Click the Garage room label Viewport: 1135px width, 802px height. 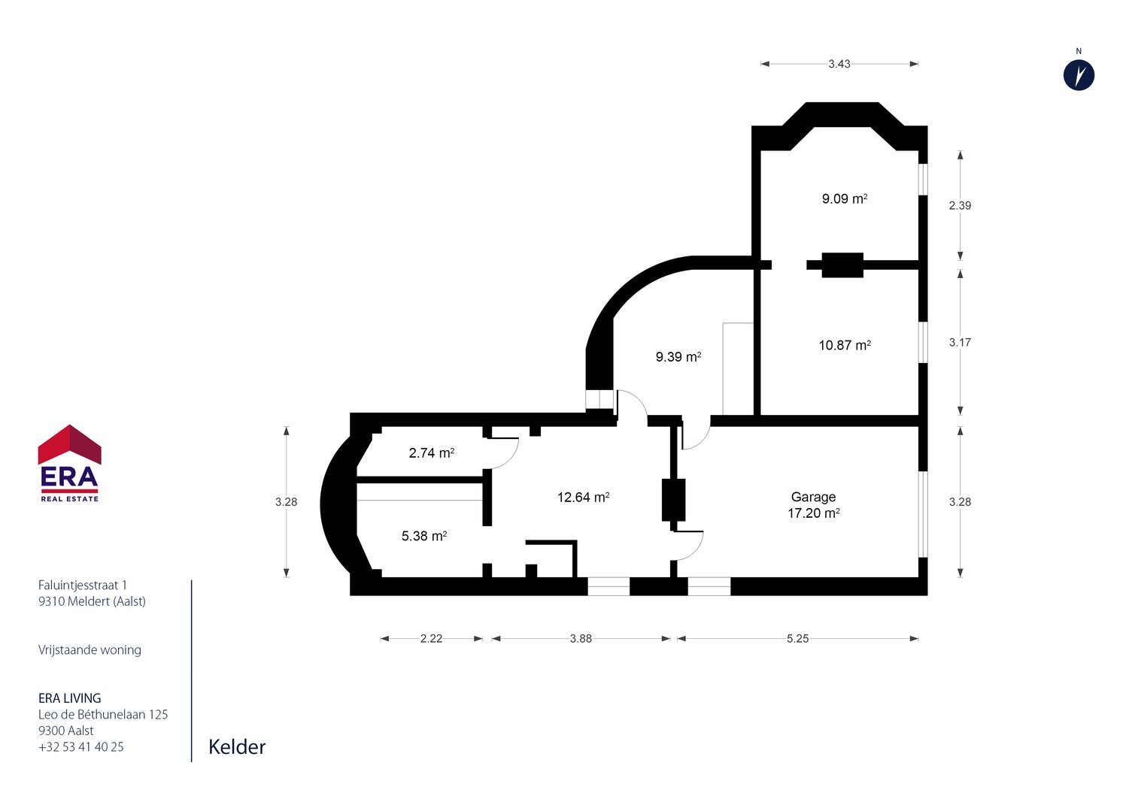pos(813,497)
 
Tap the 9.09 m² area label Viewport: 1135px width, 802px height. pos(845,198)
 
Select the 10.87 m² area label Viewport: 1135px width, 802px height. pos(845,345)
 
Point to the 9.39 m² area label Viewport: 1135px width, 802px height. pos(678,357)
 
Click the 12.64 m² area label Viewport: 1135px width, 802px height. pos(583,497)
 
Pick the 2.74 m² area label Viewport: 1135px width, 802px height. pos(431,452)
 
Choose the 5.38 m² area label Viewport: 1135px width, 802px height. pos(424,536)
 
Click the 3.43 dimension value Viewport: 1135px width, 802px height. pos(839,64)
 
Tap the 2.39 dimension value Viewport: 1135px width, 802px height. pos(960,205)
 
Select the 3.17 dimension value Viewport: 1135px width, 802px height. pos(960,342)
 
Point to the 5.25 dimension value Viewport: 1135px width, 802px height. pos(797,638)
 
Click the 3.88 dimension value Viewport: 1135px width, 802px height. pos(581,638)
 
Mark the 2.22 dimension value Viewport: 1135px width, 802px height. pos(431,638)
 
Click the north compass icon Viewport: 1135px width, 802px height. pos(1079,75)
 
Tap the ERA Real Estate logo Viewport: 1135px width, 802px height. pos(69,463)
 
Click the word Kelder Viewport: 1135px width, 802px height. pos(237,747)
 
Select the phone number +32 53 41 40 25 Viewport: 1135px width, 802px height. pos(81,747)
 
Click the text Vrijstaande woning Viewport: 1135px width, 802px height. pos(90,649)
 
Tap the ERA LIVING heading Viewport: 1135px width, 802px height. pos(69,698)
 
